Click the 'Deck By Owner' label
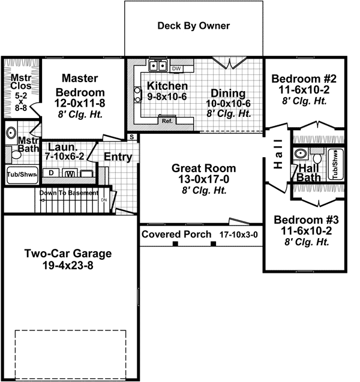[193, 26]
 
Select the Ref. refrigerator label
[167, 121]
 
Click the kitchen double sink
[158, 65]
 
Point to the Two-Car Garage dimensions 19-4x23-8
[68, 264]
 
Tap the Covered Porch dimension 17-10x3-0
[239, 234]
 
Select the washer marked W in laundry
[70, 174]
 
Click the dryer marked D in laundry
[52, 173]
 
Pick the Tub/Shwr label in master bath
[22, 176]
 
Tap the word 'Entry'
[118, 157]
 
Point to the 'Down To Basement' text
[68, 193]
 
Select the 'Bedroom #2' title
[299, 79]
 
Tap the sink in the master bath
[11, 133]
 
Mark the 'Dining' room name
[228, 93]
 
